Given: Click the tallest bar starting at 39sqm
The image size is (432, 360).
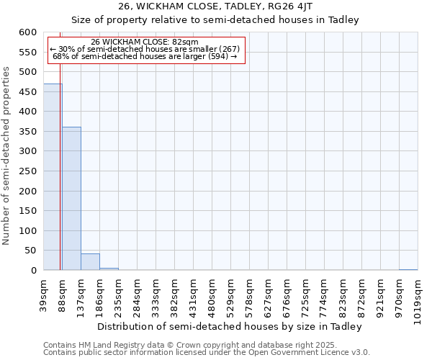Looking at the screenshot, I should point(53,177).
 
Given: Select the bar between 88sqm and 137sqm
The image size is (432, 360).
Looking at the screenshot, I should point(71,199).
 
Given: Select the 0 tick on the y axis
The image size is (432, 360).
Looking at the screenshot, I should point(33,271).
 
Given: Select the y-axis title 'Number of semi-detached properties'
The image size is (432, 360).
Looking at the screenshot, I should point(6,156).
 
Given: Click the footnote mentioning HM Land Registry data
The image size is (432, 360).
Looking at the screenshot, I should point(206,345).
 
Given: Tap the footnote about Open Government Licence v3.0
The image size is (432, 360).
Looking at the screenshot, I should point(206,353).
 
